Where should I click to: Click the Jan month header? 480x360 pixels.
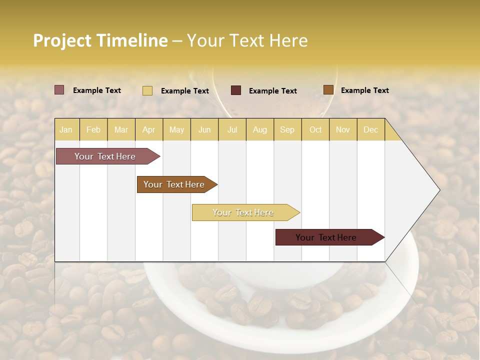click(x=66, y=129)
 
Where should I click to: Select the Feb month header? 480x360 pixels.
click(x=93, y=129)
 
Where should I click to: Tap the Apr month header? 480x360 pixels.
click(x=148, y=129)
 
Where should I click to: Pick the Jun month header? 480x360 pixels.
click(x=204, y=129)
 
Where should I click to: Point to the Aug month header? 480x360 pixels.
click(x=259, y=129)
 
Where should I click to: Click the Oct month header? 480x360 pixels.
click(x=315, y=129)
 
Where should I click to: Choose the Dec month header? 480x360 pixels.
click(x=370, y=129)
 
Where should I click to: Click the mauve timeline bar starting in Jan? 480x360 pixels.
click(x=105, y=156)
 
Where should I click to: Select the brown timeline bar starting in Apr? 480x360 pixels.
click(x=174, y=184)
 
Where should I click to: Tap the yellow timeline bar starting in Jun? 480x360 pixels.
click(x=243, y=212)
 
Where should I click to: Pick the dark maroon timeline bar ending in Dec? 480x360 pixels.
click(x=326, y=237)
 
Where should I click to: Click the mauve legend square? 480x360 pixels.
click(x=59, y=90)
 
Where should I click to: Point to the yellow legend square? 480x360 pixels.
click(x=147, y=90)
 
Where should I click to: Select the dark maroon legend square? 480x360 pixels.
click(x=236, y=90)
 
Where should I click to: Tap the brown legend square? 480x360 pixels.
click(x=328, y=90)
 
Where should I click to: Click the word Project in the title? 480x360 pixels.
click(x=62, y=40)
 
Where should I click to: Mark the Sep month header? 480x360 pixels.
click(x=287, y=129)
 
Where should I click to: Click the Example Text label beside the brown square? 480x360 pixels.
click(x=364, y=90)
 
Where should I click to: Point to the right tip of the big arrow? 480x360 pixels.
click(x=438, y=190)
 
